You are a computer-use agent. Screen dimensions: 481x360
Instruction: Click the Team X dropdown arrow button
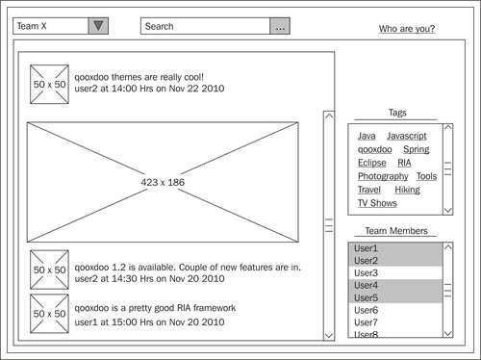pyautogui.click(x=98, y=26)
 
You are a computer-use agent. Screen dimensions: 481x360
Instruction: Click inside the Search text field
pyautogui.click(x=205, y=26)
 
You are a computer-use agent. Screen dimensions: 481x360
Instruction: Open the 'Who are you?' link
pyautogui.click(x=407, y=29)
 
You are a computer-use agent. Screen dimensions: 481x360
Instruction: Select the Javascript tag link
pyautogui.click(x=407, y=136)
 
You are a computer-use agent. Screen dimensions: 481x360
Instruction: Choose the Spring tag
pyautogui.click(x=417, y=149)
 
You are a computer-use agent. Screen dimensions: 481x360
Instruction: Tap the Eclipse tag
pyautogui.click(x=372, y=163)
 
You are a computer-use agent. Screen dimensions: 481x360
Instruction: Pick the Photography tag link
pyautogui.click(x=383, y=176)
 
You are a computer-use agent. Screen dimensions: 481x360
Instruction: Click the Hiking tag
pyautogui.click(x=407, y=190)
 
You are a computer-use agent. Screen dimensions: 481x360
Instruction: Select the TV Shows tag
pyautogui.click(x=377, y=203)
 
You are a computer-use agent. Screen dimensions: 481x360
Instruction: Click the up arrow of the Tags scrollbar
pyautogui.click(x=448, y=127)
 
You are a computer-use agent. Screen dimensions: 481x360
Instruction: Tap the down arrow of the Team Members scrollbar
pyautogui.click(x=448, y=334)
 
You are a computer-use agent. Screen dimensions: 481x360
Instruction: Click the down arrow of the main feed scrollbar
pyautogui.click(x=329, y=336)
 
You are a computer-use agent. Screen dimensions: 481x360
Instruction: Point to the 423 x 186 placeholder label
pyautogui.click(x=163, y=182)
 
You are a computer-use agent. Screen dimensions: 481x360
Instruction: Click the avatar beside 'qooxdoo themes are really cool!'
pyautogui.click(x=49, y=85)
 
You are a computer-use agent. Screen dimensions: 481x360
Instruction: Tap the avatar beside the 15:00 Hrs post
pyautogui.click(x=49, y=314)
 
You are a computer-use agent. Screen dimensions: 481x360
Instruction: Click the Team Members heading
pyautogui.click(x=396, y=231)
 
